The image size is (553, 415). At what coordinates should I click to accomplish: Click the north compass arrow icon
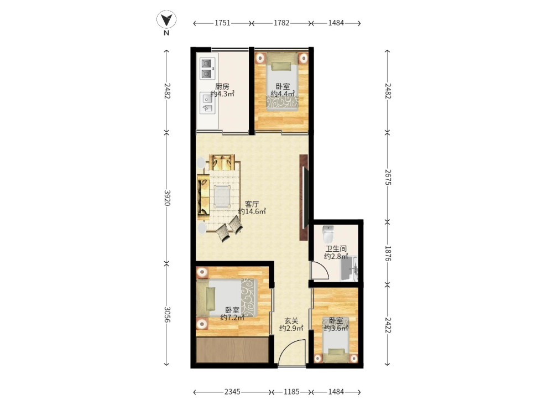click(x=166, y=20)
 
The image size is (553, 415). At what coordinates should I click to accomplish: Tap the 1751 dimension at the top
click(x=222, y=23)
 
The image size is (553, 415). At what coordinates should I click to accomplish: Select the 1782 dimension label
click(x=281, y=23)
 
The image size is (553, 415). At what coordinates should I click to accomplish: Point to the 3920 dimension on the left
click(x=167, y=198)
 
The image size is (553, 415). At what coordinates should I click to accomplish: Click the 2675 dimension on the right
click(x=388, y=177)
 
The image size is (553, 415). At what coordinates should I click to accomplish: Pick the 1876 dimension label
click(x=388, y=253)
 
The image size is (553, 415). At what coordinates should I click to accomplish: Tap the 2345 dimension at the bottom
click(x=232, y=392)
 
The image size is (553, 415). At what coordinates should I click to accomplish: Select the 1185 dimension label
click(x=291, y=392)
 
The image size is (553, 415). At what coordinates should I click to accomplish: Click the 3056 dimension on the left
click(x=167, y=314)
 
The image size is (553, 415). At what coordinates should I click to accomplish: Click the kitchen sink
click(x=207, y=103)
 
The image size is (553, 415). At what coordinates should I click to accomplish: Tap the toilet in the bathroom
click(x=328, y=234)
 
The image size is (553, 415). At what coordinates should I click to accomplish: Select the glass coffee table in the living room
click(x=222, y=196)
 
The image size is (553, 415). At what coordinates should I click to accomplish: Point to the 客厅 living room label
click(x=252, y=204)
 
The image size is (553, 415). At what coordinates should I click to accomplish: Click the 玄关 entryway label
click(x=291, y=321)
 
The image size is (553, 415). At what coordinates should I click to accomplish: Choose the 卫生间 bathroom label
click(x=336, y=249)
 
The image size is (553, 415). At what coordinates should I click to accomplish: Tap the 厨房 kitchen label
click(x=222, y=86)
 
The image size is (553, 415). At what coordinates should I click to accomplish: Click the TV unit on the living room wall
click(x=304, y=198)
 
